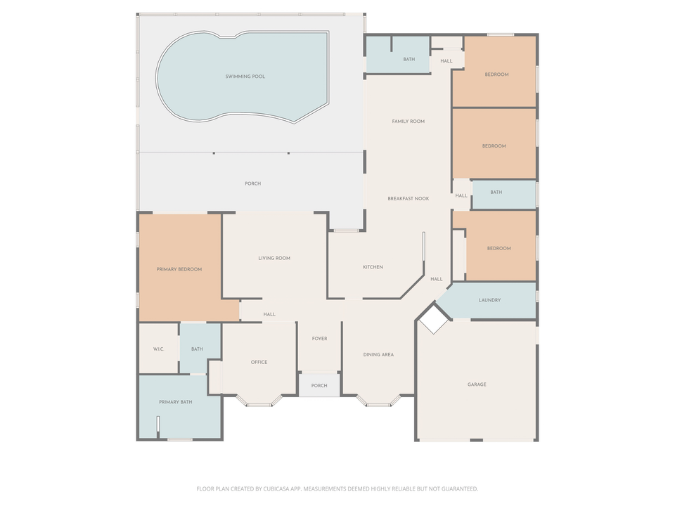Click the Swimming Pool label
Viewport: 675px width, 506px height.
[x=245, y=77]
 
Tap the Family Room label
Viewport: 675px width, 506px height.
[x=408, y=122]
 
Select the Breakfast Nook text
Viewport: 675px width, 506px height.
[x=408, y=199]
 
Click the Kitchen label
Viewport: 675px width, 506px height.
[x=373, y=267]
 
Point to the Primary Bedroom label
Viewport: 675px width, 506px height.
[x=179, y=269]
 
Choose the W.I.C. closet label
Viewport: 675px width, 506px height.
[x=159, y=349]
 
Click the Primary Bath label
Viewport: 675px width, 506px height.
[x=175, y=402]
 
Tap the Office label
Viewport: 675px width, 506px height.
[x=259, y=363]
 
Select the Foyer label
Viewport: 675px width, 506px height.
[x=319, y=339]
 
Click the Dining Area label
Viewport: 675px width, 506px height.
[x=378, y=355]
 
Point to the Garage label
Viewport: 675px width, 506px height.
[x=477, y=384]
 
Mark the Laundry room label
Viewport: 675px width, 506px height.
[x=489, y=300]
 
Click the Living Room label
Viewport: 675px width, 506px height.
[x=274, y=258]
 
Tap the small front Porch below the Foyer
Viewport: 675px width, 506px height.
[x=319, y=386]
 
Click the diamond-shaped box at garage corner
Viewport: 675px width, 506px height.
[x=434, y=320]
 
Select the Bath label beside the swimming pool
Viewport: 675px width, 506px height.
[x=409, y=60]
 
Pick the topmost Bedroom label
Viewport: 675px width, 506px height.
[x=496, y=74]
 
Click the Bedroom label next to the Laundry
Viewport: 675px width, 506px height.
[x=499, y=249]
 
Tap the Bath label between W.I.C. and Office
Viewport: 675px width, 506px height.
[x=197, y=349]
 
